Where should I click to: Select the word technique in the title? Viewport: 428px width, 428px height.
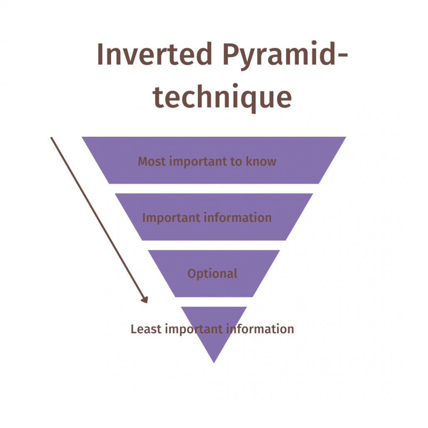click(x=223, y=98)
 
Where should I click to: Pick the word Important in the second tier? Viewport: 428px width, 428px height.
click(x=165, y=218)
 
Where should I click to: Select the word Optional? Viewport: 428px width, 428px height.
click(x=212, y=274)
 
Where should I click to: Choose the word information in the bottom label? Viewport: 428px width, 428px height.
click(x=260, y=329)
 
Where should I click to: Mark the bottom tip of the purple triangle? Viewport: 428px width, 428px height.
click(x=214, y=362)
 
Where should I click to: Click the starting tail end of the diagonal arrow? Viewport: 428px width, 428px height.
click(x=52, y=138)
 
